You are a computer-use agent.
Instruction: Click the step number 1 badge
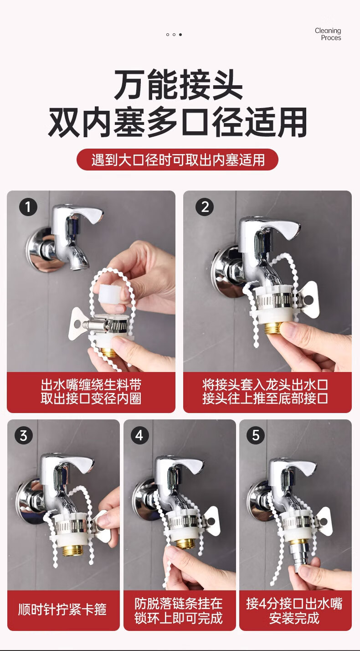(28, 207)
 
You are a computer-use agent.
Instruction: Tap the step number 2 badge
(205, 207)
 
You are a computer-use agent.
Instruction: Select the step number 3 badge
(24, 435)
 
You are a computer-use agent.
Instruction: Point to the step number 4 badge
(139, 435)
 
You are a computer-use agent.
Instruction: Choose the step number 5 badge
(255, 435)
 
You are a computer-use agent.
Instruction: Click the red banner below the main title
(178, 160)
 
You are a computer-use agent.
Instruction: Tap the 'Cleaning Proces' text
(328, 34)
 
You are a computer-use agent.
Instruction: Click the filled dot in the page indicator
(180, 35)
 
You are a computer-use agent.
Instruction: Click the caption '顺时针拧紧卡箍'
(62, 609)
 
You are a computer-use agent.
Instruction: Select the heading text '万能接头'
(178, 85)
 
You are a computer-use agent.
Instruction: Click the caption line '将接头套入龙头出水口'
(265, 385)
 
